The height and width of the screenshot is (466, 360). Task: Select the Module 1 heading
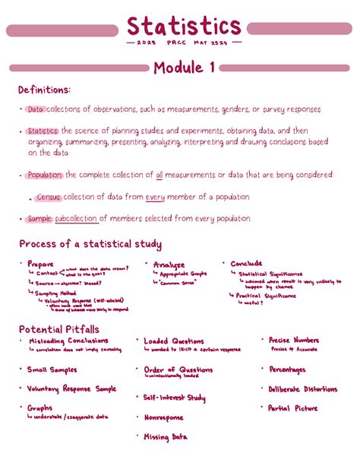pyautogui.click(x=183, y=68)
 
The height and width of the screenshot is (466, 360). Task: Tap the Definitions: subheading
pyautogui.click(x=47, y=91)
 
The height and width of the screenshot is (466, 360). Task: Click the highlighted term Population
pyautogui.click(x=43, y=175)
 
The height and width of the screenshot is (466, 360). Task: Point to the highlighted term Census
pyautogui.click(x=48, y=197)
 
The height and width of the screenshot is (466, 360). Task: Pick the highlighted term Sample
pyautogui.click(x=39, y=219)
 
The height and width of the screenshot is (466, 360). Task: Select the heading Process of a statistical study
pyautogui.click(x=90, y=244)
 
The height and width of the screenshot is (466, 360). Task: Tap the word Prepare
pyautogui.click(x=40, y=264)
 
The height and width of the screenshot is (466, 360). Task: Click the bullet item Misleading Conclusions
pyautogui.click(x=68, y=341)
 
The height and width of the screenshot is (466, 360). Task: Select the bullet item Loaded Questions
pyautogui.click(x=174, y=342)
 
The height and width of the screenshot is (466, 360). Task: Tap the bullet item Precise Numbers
pyautogui.click(x=293, y=341)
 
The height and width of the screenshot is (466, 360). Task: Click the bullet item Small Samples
pyautogui.click(x=52, y=369)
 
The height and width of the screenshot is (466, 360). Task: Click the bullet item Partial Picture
pyautogui.click(x=292, y=408)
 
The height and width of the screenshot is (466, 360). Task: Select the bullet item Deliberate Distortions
pyautogui.click(x=302, y=388)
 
